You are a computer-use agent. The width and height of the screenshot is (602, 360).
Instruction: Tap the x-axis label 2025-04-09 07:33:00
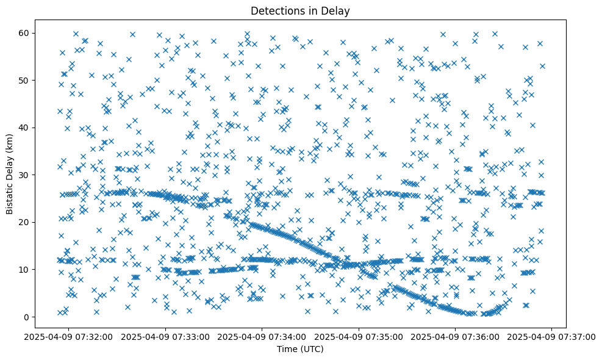165,336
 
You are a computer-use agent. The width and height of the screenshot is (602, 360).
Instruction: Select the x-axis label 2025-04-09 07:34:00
262,336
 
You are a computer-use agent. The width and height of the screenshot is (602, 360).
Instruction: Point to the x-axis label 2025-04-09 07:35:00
359,336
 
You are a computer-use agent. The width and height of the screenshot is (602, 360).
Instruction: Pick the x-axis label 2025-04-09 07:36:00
455,336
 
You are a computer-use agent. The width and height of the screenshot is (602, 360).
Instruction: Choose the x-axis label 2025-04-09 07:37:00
552,336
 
